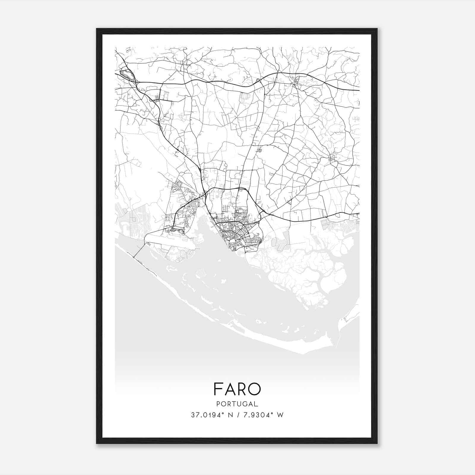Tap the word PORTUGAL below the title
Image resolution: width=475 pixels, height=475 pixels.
pos(237,404)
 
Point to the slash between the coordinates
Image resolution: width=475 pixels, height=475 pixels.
pos(238,415)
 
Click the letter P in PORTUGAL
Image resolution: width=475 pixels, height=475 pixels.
pos(218,404)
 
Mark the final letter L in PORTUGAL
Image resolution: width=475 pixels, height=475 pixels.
pos(256,404)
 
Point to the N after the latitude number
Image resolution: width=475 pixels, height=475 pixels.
pos(229,415)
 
